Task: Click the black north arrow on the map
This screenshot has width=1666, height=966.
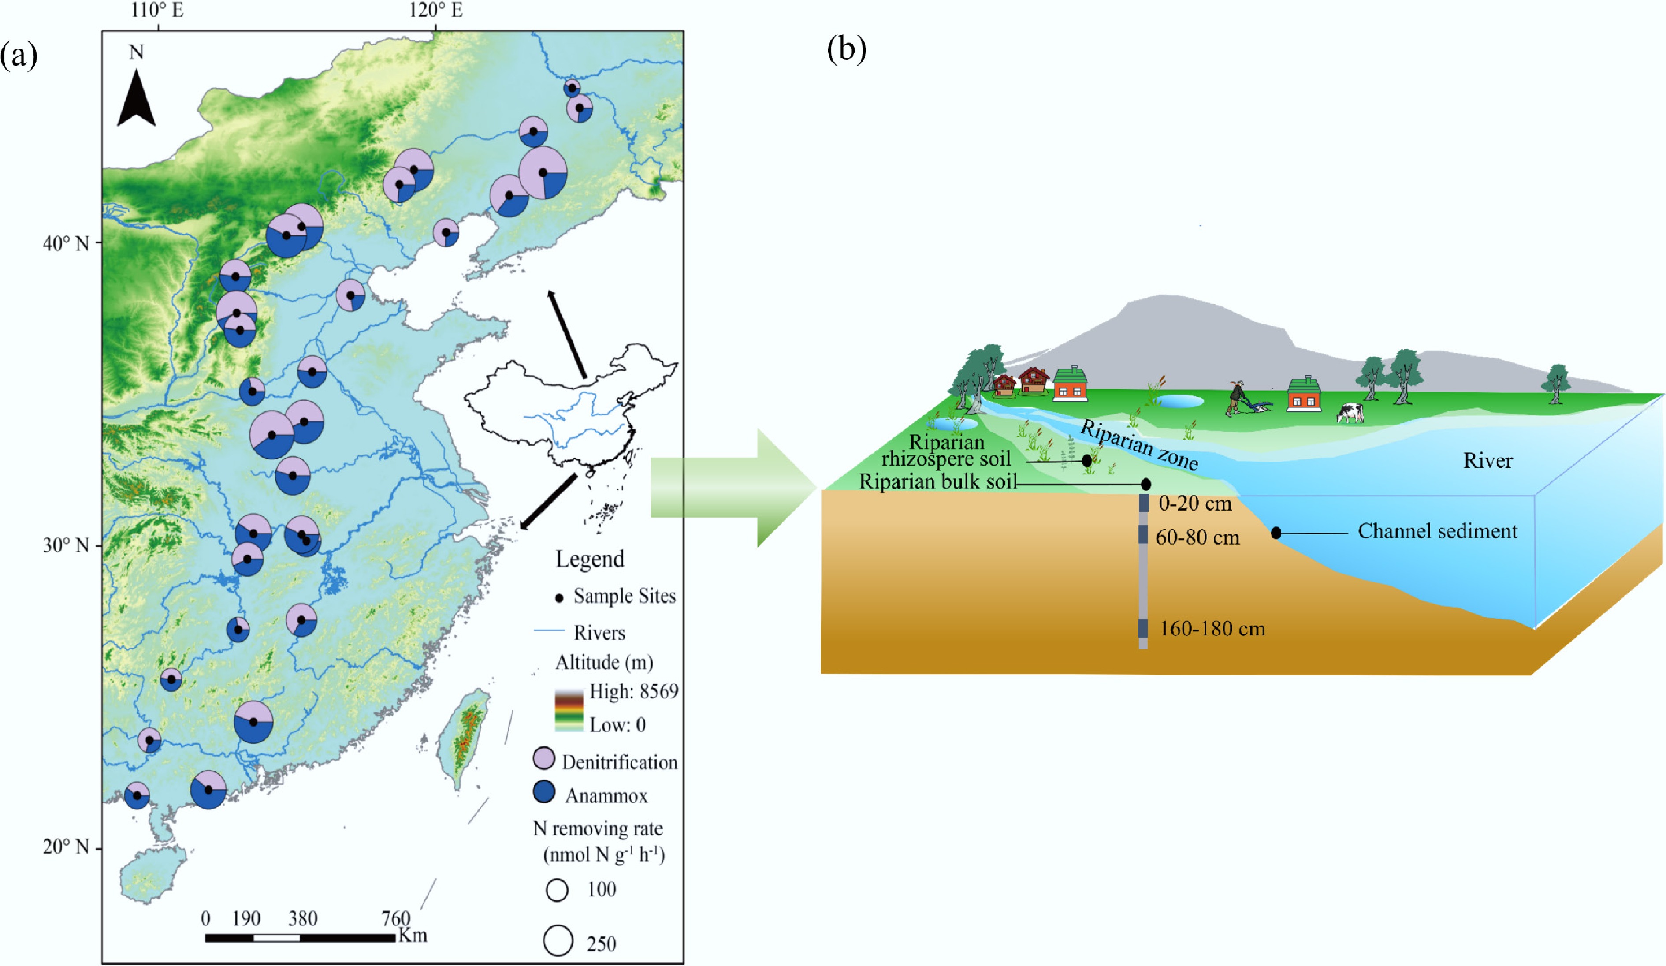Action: click(136, 99)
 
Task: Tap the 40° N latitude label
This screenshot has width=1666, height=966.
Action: click(65, 243)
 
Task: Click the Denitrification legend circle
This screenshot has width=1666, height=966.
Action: click(543, 758)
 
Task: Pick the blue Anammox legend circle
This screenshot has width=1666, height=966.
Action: click(543, 792)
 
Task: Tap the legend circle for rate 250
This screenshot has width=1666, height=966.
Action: click(558, 940)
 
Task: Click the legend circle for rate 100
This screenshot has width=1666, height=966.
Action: click(557, 890)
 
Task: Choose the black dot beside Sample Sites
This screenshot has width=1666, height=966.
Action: click(559, 598)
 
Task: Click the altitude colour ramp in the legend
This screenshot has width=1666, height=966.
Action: click(569, 708)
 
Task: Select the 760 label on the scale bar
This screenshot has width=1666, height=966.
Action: click(395, 918)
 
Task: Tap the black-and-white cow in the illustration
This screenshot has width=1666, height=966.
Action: click(1350, 413)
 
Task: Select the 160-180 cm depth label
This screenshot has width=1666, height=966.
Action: click(1212, 629)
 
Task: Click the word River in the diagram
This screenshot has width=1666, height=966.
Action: click(1487, 461)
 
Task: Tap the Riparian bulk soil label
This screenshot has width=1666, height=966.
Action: click(937, 481)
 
